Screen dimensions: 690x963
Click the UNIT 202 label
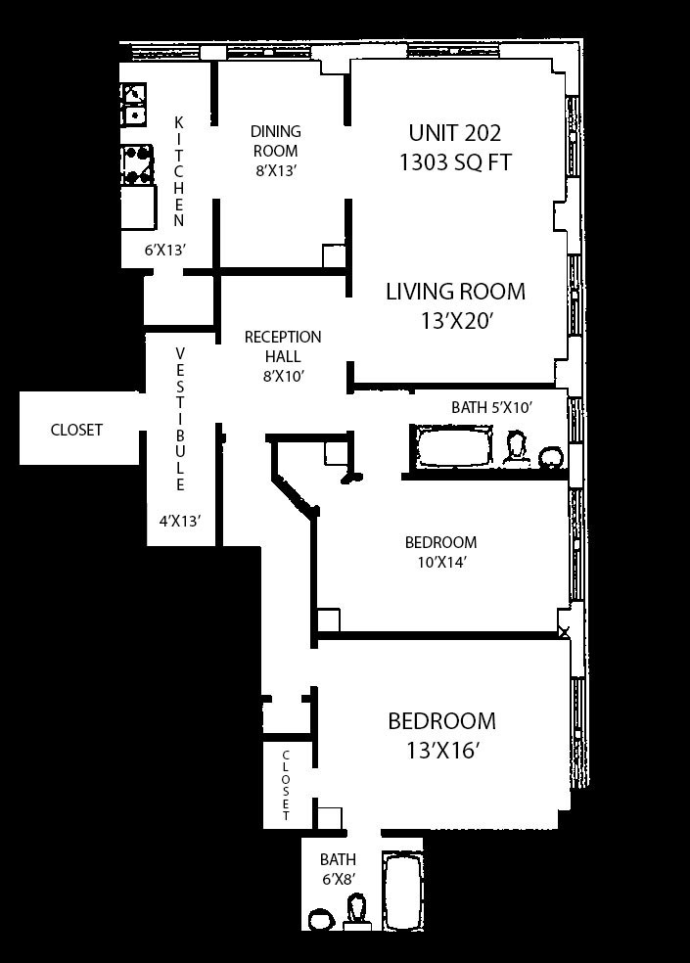click(455, 133)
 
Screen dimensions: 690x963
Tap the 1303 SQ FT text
click(455, 162)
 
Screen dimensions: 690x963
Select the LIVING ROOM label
click(455, 291)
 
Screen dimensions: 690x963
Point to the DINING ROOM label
click(276, 141)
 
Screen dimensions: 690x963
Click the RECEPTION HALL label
click(283, 346)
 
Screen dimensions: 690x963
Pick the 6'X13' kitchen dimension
click(165, 250)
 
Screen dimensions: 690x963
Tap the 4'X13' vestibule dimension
click(180, 522)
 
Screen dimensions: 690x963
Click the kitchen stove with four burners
click(137, 165)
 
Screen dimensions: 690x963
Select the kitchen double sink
click(134, 104)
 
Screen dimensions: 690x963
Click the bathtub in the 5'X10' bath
click(456, 446)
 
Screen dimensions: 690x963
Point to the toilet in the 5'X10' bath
click(516, 447)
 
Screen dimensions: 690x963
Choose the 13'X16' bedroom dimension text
click(441, 751)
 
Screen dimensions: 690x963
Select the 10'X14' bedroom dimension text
click(440, 562)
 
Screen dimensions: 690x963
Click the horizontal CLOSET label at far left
click(76, 430)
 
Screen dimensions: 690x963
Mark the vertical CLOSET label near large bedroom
click(286, 786)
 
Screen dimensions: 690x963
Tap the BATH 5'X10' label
click(491, 407)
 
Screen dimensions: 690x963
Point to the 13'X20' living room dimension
click(457, 321)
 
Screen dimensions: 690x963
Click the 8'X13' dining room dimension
click(277, 170)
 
